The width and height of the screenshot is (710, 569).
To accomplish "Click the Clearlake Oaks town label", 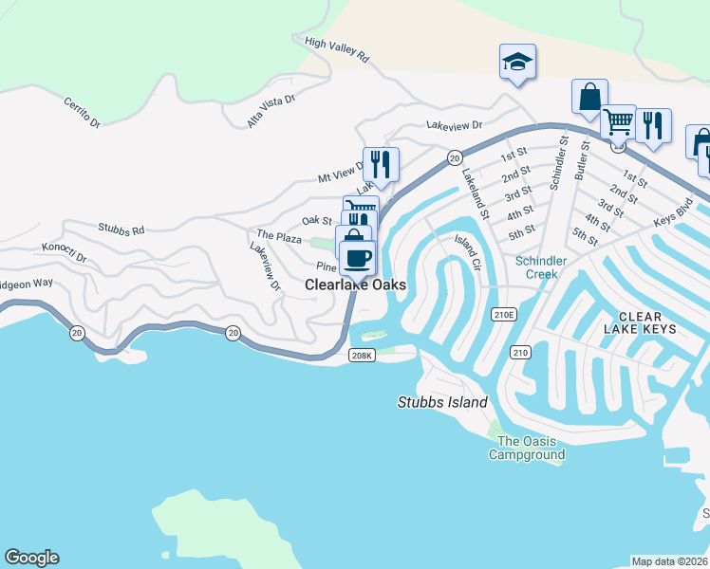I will (x=355, y=284).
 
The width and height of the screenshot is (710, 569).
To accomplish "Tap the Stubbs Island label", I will (x=441, y=402).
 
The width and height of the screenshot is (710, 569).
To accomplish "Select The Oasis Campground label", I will (x=526, y=448).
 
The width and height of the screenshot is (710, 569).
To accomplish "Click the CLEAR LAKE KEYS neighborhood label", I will (x=646, y=322).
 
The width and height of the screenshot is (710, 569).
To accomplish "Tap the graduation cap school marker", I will (x=517, y=63).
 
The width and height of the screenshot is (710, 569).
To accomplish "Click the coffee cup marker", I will (x=357, y=257).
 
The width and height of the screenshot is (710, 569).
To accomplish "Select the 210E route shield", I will (x=503, y=314).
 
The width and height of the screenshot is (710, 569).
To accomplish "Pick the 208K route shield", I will (x=363, y=355).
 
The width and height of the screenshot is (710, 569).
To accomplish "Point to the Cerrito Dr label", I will (x=82, y=111).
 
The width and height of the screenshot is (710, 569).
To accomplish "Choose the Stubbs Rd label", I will (x=121, y=229).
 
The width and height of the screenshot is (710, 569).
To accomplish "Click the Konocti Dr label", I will (x=64, y=252).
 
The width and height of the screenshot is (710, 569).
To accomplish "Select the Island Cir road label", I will (x=469, y=253).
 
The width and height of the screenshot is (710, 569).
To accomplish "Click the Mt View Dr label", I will (x=341, y=172).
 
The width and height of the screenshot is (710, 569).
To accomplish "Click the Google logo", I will (x=31, y=558).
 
